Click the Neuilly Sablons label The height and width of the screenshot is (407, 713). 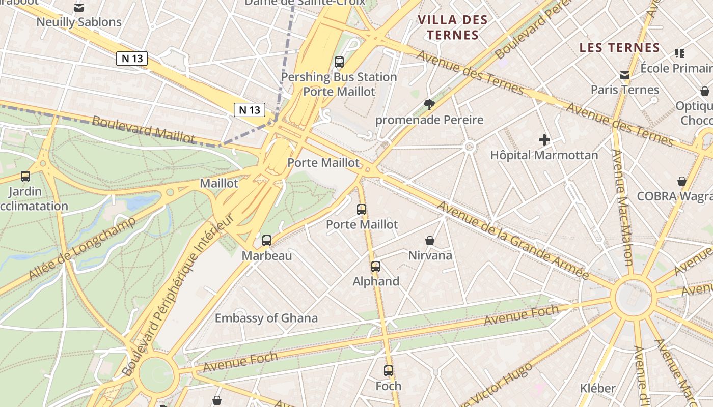(79, 22)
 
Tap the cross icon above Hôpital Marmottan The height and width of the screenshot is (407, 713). (544, 140)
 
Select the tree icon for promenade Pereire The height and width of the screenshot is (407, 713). (429, 105)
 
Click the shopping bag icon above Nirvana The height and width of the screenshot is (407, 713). (430, 240)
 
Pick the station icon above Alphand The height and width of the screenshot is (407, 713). (376, 266)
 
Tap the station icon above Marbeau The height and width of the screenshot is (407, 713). (267, 241)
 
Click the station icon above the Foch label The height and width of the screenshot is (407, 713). (389, 371)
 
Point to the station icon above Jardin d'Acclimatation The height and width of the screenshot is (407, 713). (25, 177)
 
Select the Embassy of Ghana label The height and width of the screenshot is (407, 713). (266, 318)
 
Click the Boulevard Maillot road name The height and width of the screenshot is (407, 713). (144, 130)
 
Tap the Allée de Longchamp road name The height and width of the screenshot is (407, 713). (81, 249)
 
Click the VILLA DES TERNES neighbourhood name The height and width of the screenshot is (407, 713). (453, 27)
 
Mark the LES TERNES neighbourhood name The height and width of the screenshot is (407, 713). (620, 48)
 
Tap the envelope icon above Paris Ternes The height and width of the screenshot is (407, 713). (625, 75)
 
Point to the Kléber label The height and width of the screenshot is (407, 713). (597, 388)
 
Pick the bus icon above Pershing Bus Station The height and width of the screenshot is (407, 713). (339, 62)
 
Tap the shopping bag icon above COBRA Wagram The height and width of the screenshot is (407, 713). (681, 181)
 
